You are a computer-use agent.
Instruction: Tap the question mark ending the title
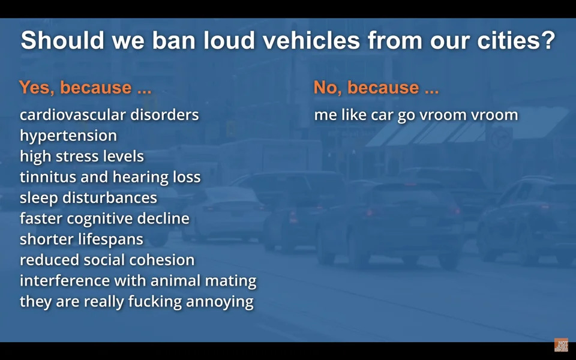click(549, 40)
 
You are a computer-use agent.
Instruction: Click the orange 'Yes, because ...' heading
click(85, 88)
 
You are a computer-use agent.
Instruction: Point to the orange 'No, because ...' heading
click(376, 88)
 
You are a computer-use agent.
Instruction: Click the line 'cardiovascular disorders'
click(109, 115)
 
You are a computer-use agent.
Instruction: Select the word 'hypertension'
click(68, 136)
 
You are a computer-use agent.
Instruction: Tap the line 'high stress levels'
click(82, 157)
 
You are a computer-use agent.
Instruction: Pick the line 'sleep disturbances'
click(88, 197)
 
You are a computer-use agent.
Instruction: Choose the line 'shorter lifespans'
click(81, 240)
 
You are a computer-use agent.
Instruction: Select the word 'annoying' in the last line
click(220, 302)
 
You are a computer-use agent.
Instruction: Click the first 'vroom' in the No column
click(443, 115)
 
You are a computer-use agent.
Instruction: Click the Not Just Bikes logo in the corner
click(561, 345)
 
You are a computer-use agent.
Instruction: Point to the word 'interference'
click(65, 281)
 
